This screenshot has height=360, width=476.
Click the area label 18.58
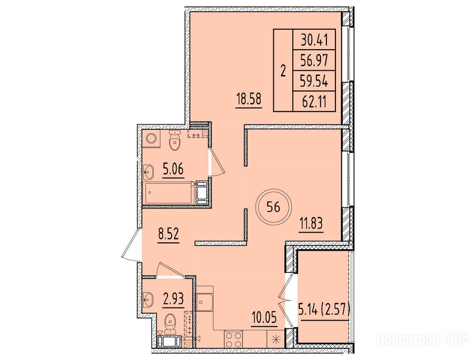pyautogui.click(x=249, y=99)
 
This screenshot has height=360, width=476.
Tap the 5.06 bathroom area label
pyautogui.click(x=174, y=169)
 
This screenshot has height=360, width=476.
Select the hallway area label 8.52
pyautogui.click(x=168, y=234)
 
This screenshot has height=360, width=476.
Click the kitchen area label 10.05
pyautogui.click(x=264, y=318)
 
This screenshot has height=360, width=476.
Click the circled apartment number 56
pyautogui.click(x=273, y=207)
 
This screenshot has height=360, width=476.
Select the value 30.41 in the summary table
pyautogui.click(x=315, y=40)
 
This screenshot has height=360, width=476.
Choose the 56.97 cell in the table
pyautogui.click(x=315, y=61)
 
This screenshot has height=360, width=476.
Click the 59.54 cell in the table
pyautogui.click(x=315, y=82)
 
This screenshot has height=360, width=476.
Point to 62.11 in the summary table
pyautogui.click(x=315, y=102)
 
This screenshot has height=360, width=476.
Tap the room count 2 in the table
pyautogui.click(x=283, y=71)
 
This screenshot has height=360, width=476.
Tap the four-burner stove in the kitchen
pyautogui.click(x=233, y=339)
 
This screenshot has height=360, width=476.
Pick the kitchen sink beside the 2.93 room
pyautogui.click(x=205, y=301)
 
